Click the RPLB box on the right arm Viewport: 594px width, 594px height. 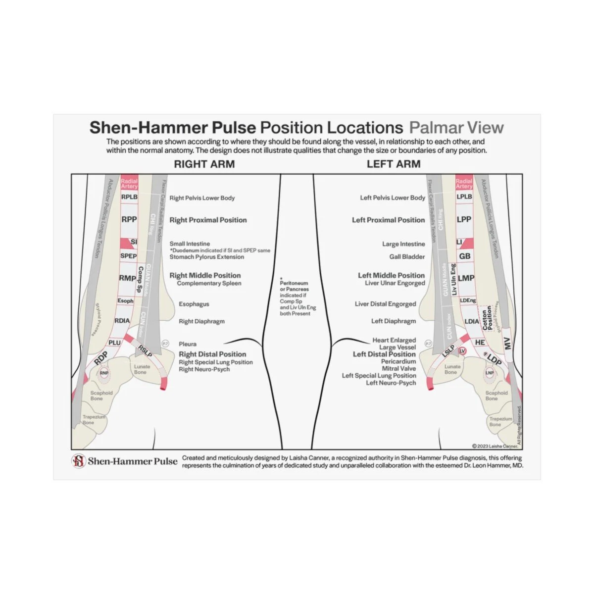click(x=129, y=197)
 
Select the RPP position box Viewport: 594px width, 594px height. click(x=129, y=219)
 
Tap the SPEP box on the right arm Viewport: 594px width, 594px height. click(x=128, y=256)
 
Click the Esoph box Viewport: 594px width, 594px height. click(x=125, y=301)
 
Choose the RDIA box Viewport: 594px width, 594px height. click(x=122, y=321)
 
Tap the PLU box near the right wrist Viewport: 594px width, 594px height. click(x=114, y=343)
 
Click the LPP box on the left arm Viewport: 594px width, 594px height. click(x=464, y=219)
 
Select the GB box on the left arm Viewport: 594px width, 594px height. click(x=464, y=256)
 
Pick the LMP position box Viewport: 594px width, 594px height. click(x=466, y=278)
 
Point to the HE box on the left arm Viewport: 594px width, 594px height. click(x=480, y=343)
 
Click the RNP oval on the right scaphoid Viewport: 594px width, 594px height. click(x=104, y=373)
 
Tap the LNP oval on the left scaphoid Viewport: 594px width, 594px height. click(x=490, y=373)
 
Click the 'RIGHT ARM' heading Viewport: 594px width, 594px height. click(x=204, y=164)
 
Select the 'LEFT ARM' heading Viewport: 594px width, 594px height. click(x=394, y=164)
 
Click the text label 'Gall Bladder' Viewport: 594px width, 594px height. click(x=407, y=257)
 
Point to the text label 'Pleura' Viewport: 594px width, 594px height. click(x=188, y=344)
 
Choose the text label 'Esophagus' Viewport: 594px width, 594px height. click(x=194, y=304)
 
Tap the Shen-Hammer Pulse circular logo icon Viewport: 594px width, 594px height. click(x=78, y=461)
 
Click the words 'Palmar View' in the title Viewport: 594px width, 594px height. click(x=456, y=128)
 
